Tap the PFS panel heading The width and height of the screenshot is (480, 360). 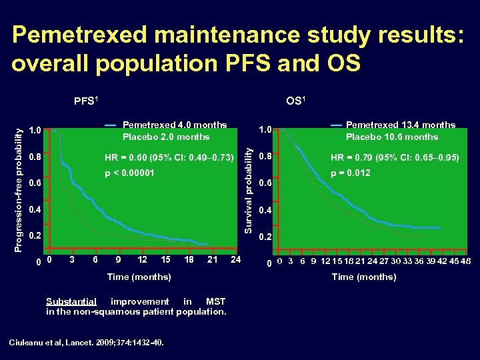click(86, 101)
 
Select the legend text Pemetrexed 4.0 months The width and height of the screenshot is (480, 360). click(175, 125)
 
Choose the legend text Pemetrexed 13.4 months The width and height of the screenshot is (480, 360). click(401, 125)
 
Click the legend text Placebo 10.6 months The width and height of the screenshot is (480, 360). click(392, 137)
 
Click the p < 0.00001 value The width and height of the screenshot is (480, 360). click(130, 173)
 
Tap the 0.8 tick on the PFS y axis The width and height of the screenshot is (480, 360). click(35, 157)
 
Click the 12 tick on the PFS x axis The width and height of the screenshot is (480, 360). click(161, 259)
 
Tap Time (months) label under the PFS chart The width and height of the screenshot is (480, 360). click(139, 277)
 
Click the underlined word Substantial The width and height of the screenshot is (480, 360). click(71, 301)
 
